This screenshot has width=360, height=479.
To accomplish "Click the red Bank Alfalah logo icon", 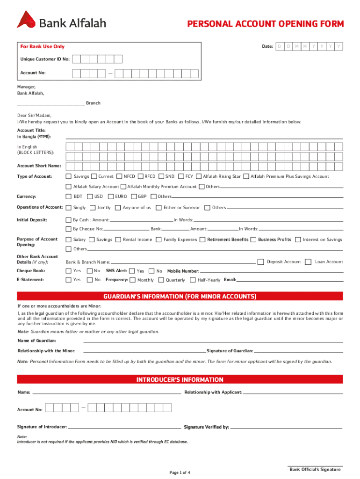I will click(x=27, y=20).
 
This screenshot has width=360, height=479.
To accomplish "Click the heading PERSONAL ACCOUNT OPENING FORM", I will click(x=265, y=24).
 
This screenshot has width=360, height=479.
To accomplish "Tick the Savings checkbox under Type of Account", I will click(x=68, y=176).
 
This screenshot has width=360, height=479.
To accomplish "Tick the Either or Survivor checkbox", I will click(x=158, y=208).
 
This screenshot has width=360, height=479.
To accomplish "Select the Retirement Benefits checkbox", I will click(x=202, y=239).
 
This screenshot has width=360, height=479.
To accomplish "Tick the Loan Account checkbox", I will click(x=308, y=262).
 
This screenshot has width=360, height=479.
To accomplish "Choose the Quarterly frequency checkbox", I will click(x=161, y=280).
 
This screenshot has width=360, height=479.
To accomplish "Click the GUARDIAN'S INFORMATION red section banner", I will click(x=180, y=297).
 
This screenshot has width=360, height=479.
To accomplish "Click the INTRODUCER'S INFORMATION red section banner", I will click(x=180, y=379).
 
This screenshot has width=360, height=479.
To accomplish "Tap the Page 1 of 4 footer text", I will click(x=180, y=472).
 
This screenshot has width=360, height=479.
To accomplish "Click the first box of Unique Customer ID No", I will click(x=76, y=59).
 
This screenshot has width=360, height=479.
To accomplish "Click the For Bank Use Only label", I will click(x=43, y=47).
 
